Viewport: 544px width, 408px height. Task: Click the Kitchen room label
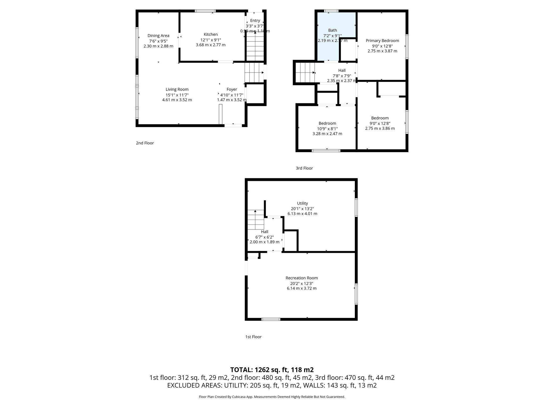pyautogui.click(x=211, y=35)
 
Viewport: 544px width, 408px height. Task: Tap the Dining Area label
pyautogui.click(x=158, y=36)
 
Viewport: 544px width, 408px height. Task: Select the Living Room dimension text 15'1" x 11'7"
pyautogui.click(x=177, y=95)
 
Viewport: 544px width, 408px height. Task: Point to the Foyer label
pyautogui.click(x=232, y=90)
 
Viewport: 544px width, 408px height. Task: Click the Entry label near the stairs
pyautogui.click(x=255, y=21)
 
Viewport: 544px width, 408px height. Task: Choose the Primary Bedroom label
pyautogui.click(x=382, y=41)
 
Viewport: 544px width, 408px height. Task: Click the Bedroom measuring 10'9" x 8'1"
pyautogui.click(x=327, y=129)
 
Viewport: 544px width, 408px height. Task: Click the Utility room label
pyautogui.click(x=302, y=203)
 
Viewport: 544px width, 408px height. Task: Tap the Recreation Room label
pyautogui.click(x=301, y=278)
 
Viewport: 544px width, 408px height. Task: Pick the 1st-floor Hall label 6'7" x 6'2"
pyautogui.click(x=264, y=232)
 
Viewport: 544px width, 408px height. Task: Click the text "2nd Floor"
pyautogui.click(x=145, y=143)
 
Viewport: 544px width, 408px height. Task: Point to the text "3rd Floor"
pyautogui.click(x=304, y=168)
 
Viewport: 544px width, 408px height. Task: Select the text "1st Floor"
pyautogui.click(x=253, y=337)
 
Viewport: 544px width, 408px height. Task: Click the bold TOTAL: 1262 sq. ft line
pyautogui.click(x=272, y=370)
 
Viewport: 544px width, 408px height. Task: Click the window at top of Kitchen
pyautogui.click(x=205, y=11)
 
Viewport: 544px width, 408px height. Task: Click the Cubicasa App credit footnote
pyautogui.click(x=272, y=397)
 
